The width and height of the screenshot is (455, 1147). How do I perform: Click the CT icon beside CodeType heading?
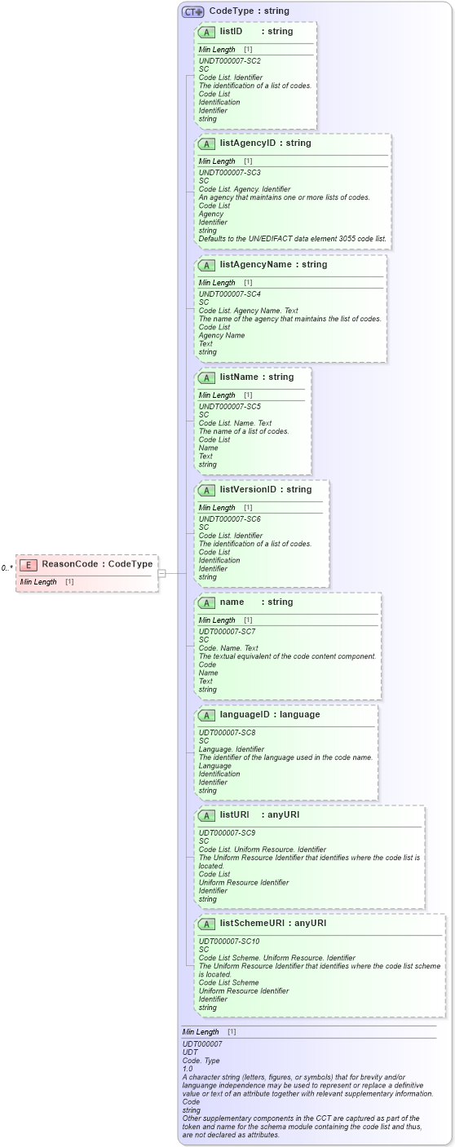click(x=192, y=11)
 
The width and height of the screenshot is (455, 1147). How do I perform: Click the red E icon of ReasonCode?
click(x=28, y=564)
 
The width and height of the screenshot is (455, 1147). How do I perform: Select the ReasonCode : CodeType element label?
click(x=97, y=564)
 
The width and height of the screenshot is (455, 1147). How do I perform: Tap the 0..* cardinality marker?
click(x=7, y=567)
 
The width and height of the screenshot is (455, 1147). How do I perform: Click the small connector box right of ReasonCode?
click(x=161, y=573)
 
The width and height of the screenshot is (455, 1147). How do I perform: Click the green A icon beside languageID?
click(x=206, y=715)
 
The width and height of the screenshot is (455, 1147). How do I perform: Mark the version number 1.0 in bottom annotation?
click(x=188, y=1068)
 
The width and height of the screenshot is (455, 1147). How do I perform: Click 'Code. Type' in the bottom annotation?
click(x=200, y=1060)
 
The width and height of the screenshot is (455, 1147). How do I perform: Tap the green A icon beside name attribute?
click(x=206, y=602)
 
